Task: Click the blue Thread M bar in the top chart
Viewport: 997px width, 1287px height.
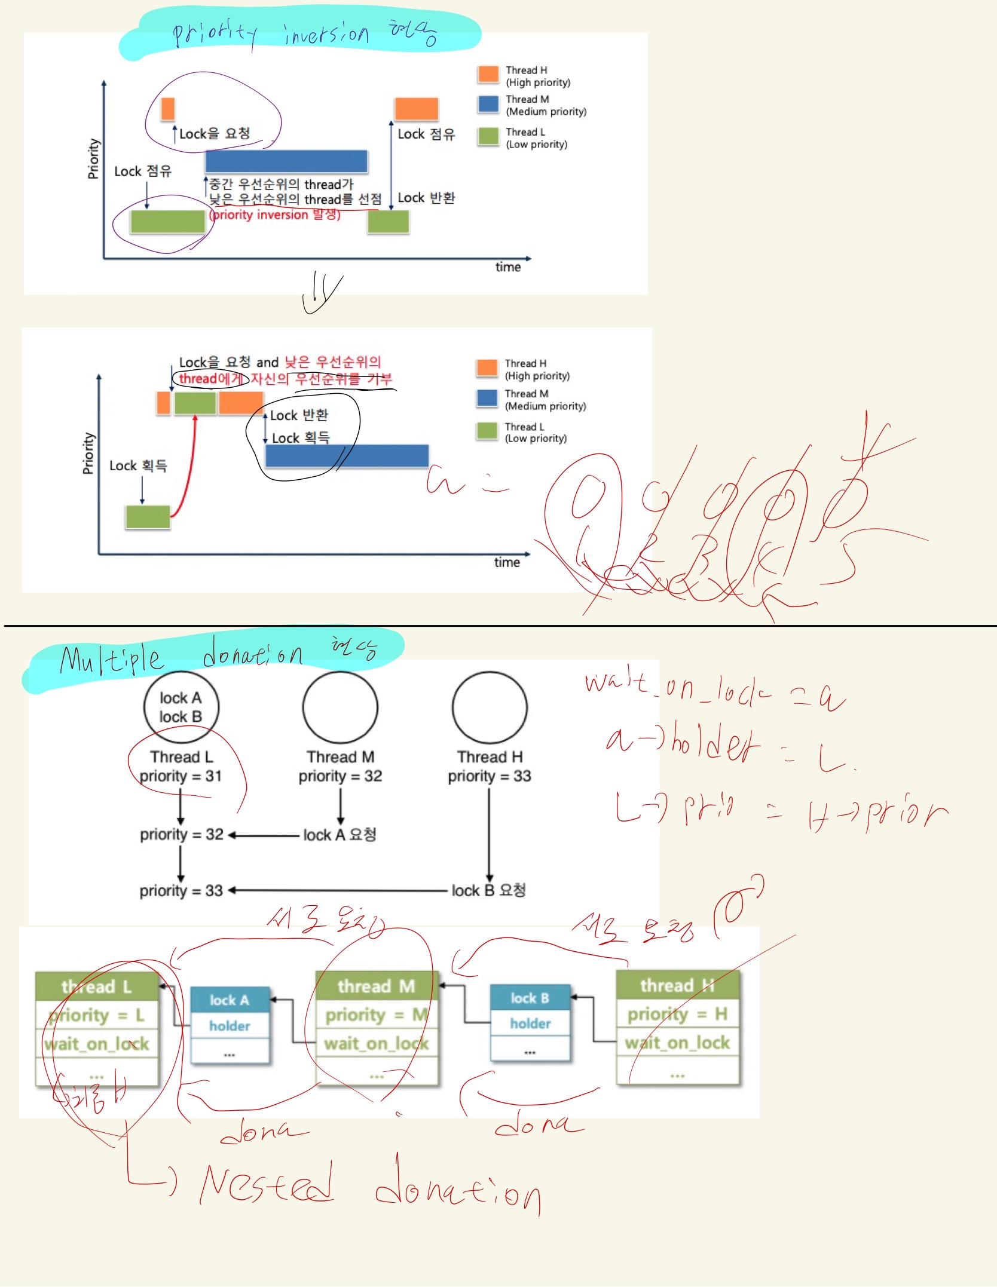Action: [286, 161]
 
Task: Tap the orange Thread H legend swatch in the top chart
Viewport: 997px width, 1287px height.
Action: [488, 74]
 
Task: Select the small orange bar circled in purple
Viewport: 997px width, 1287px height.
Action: [168, 109]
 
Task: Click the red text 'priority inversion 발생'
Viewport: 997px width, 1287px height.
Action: [275, 215]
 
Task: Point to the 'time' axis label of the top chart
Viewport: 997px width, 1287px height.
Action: [507, 267]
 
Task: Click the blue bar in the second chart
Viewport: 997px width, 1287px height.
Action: [347, 455]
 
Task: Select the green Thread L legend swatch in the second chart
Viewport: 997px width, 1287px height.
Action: [487, 430]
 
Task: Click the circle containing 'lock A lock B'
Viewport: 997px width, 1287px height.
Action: [181, 707]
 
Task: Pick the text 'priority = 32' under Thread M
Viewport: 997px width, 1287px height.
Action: [340, 776]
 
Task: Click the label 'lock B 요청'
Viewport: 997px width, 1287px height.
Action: [488, 890]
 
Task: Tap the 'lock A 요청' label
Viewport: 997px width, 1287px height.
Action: [340, 835]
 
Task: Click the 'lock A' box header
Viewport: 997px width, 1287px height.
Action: [230, 1000]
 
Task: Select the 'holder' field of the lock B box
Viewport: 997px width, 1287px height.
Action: [530, 1024]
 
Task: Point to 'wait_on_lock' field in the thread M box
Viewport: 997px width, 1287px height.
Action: [377, 1044]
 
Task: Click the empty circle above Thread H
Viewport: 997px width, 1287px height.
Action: [490, 707]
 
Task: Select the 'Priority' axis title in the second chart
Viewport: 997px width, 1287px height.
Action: [88, 453]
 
